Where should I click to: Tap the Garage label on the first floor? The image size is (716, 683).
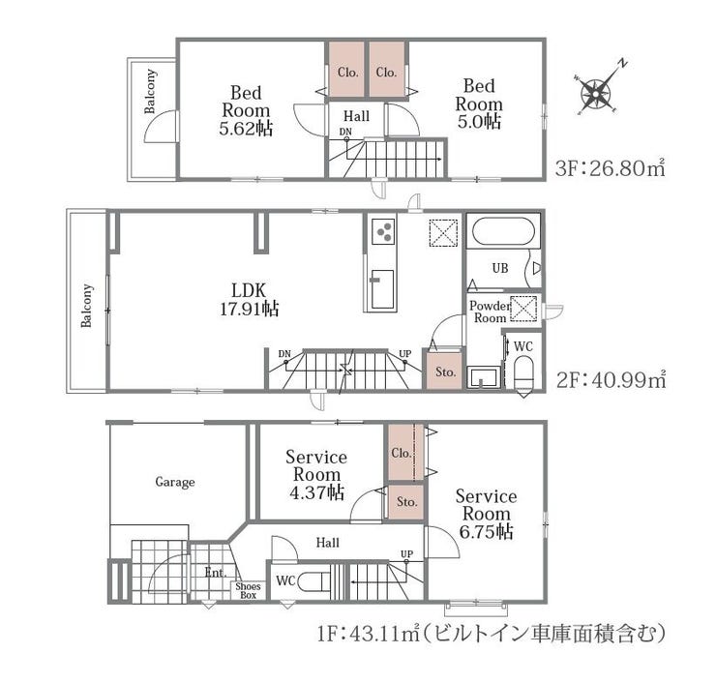175,482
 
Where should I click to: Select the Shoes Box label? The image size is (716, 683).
248,591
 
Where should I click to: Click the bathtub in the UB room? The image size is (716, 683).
503,231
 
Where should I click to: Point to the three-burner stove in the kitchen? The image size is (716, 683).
383,230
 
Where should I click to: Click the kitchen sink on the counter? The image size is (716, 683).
382,289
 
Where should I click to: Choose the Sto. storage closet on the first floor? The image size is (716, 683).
405,502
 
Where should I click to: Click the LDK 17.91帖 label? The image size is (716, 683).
250,300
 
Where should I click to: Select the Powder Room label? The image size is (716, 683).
490,312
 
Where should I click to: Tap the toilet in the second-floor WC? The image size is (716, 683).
523,371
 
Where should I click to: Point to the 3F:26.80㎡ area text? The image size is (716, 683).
610,168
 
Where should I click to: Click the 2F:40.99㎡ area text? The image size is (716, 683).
611,379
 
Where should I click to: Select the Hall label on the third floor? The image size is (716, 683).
356,116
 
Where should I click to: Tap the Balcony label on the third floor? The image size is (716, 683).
150,91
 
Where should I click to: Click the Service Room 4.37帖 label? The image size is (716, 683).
316,475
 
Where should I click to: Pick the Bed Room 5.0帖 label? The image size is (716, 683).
479,104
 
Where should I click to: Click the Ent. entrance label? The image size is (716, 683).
215,573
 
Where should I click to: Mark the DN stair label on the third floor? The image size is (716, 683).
345,132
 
